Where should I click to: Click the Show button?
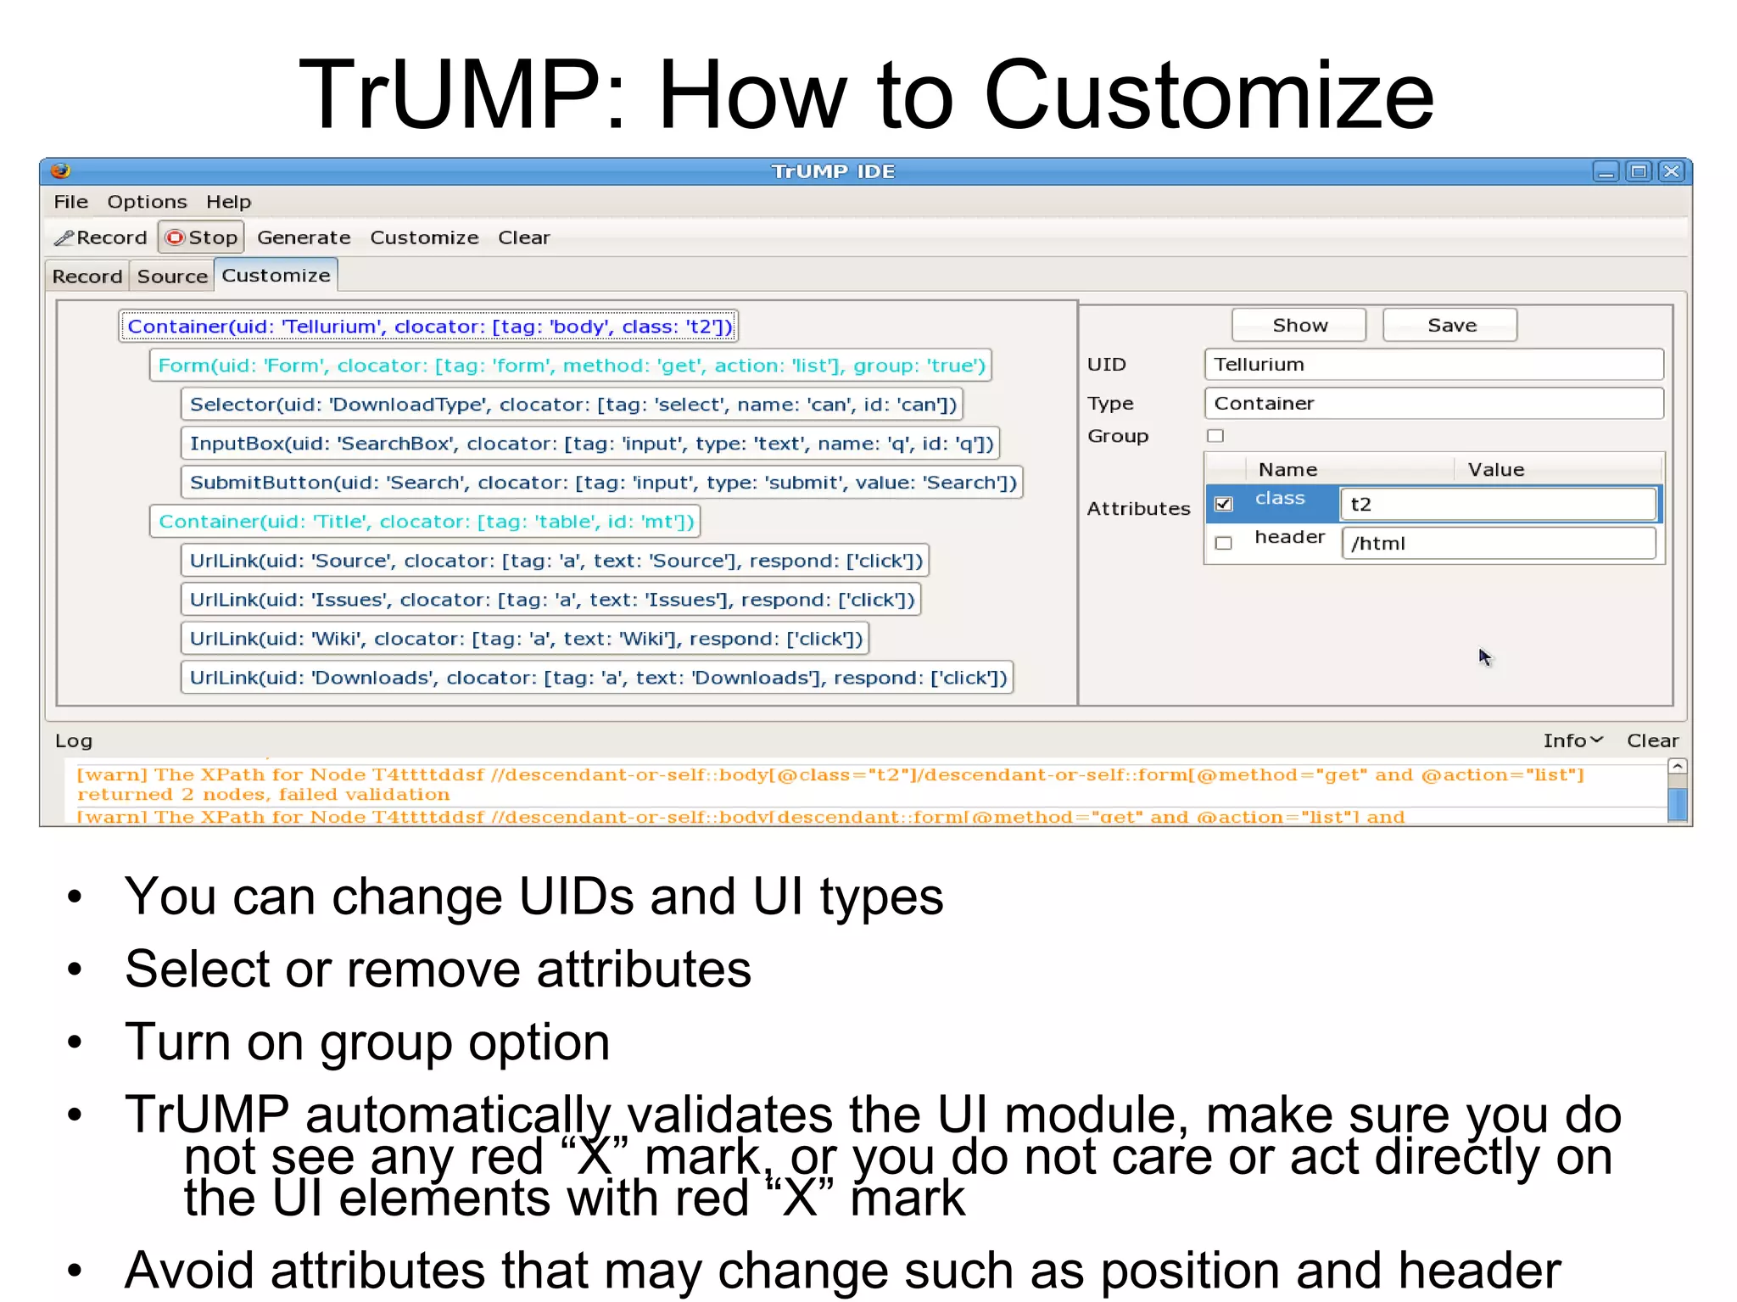(1299, 326)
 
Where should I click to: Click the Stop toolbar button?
(202, 237)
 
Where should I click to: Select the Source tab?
(172, 277)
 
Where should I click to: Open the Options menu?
(147, 202)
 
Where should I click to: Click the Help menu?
(228, 202)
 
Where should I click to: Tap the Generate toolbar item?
(304, 237)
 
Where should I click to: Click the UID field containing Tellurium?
(1433, 365)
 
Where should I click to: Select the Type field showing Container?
(1433, 404)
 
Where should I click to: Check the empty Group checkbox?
(1215, 436)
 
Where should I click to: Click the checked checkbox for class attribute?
(1223, 504)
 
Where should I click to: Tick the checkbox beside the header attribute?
(1223, 543)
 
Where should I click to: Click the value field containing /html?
(1498, 544)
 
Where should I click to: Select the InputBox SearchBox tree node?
(591, 444)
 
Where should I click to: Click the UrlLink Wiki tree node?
(526, 639)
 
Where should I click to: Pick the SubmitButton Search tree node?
(602, 483)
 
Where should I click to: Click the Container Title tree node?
(426, 522)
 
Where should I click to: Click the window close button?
(1671, 171)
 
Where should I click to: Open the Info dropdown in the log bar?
(1572, 740)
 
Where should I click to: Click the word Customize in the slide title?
(1209, 95)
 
